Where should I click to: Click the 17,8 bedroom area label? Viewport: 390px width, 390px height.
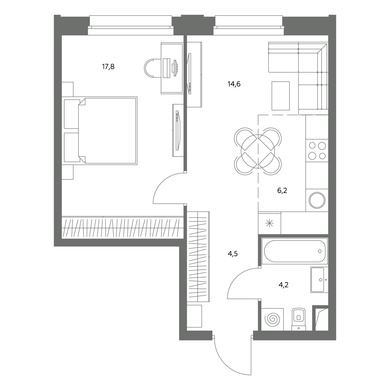point(108,67)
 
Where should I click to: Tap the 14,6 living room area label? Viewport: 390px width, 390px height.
point(234,84)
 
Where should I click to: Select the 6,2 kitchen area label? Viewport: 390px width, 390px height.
point(282,190)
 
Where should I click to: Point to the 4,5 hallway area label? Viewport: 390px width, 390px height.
point(233,253)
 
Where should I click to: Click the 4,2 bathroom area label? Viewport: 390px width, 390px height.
point(283,285)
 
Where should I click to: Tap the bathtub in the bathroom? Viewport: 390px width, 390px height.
point(295,251)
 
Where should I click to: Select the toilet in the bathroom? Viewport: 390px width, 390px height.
point(298,319)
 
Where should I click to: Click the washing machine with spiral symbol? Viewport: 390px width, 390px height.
point(272,319)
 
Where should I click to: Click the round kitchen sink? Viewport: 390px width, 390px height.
point(317,200)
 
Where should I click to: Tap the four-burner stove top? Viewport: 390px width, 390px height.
point(317,151)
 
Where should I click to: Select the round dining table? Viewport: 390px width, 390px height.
point(258,151)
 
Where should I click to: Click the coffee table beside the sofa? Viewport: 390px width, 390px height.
point(280,96)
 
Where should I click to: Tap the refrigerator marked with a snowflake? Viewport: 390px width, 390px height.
point(269,223)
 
